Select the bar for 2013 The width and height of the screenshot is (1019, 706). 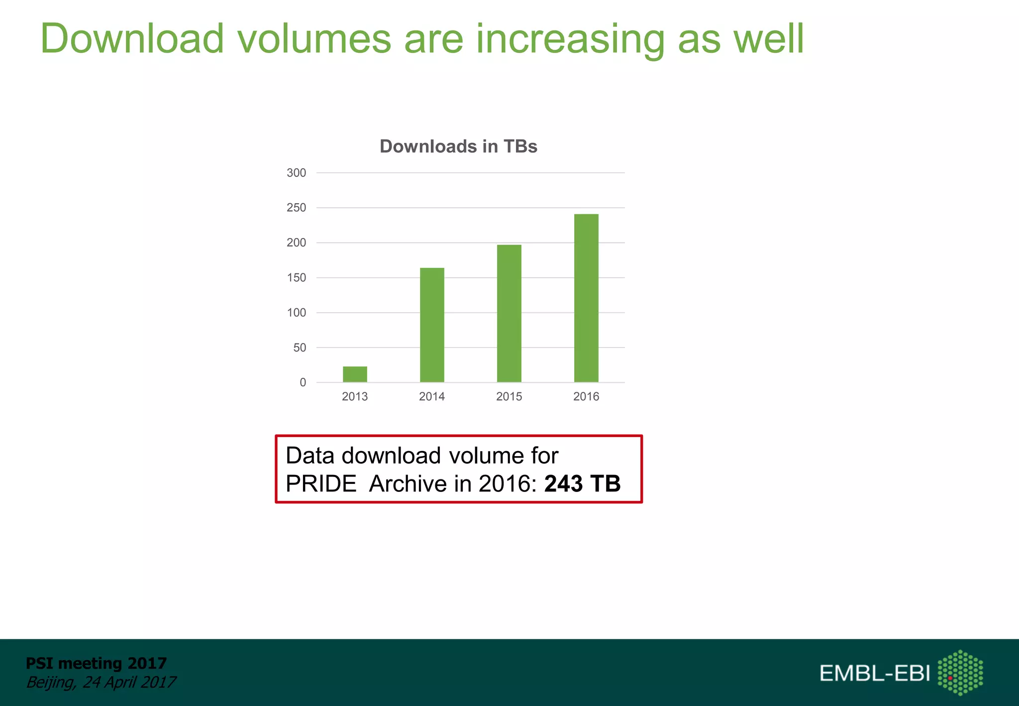[x=355, y=374]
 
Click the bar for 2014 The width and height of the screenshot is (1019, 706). [x=432, y=325]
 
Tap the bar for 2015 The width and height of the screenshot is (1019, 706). [x=509, y=314]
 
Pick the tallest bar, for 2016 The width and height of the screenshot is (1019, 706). [x=586, y=298]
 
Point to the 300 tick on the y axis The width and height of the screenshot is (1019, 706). [x=296, y=173]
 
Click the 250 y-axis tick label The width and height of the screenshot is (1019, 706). [x=296, y=208]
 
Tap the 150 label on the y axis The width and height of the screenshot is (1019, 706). [x=296, y=278]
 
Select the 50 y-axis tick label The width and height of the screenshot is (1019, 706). [x=300, y=348]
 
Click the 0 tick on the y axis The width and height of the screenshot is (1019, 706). [x=303, y=382]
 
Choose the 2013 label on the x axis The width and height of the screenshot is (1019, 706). [x=355, y=396]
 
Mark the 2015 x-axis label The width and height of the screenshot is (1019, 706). [x=509, y=396]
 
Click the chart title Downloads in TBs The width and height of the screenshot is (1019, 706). [x=458, y=146]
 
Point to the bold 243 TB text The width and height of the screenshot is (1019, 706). [x=582, y=483]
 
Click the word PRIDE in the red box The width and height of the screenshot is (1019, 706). [x=321, y=483]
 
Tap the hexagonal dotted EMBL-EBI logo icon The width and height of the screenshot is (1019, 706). [x=960, y=672]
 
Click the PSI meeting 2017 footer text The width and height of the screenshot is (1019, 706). [x=96, y=663]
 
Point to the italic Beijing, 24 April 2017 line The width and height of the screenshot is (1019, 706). [x=101, y=682]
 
